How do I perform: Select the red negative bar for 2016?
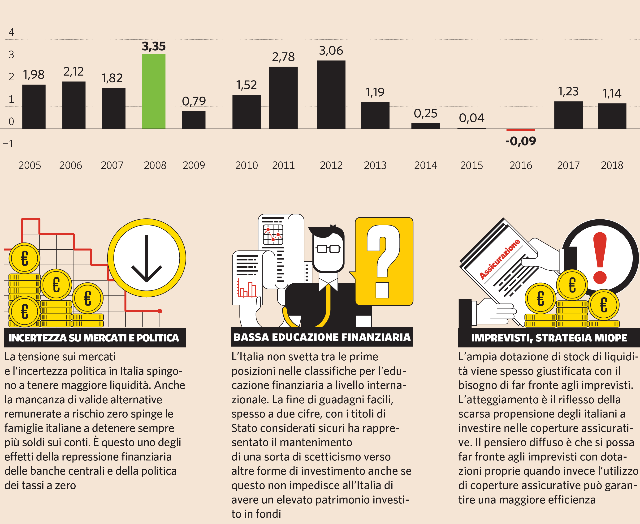point(520,130)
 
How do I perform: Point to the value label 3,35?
point(154,47)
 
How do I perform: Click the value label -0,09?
point(520,141)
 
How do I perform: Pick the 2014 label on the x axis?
point(425,165)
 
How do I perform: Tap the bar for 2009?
point(194,120)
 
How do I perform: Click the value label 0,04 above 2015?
point(471,118)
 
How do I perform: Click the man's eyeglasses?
point(328,249)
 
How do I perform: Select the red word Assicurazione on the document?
point(500,259)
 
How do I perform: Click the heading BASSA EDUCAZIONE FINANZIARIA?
point(322,337)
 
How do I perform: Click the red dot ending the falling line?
point(160,311)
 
